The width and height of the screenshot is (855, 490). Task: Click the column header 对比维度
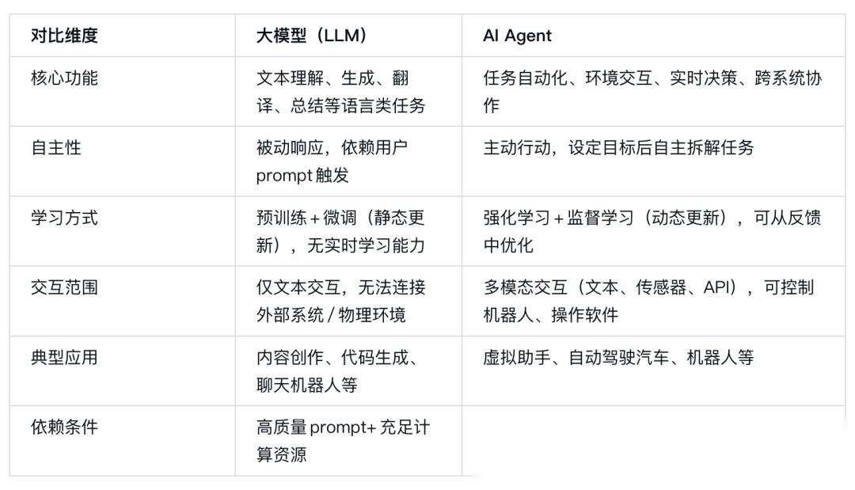click(x=64, y=36)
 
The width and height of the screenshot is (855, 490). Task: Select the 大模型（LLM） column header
click(x=311, y=36)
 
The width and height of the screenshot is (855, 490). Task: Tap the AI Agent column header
click(x=517, y=36)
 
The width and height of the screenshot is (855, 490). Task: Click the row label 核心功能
click(x=64, y=78)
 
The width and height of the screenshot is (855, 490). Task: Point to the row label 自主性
click(x=56, y=148)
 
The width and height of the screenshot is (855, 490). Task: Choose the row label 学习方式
click(x=64, y=218)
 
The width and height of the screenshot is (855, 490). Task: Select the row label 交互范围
click(x=64, y=287)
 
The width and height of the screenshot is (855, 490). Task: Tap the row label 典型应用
click(x=64, y=357)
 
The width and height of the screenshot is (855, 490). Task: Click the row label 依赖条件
click(x=64, y=427)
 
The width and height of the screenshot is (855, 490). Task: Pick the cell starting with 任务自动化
click(x=652, y=91)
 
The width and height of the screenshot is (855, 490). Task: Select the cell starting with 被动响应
click(x=332, y=161)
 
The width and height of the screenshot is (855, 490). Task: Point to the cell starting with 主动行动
click(x=618, y=148)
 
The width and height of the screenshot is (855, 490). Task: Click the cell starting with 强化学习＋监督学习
click(x=652, y=231)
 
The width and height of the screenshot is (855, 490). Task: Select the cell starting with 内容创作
click(x=337, y=370)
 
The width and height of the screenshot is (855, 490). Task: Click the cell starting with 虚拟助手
click(x=618, y=357)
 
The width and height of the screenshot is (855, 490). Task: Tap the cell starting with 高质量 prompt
click(x=343, y=440)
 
